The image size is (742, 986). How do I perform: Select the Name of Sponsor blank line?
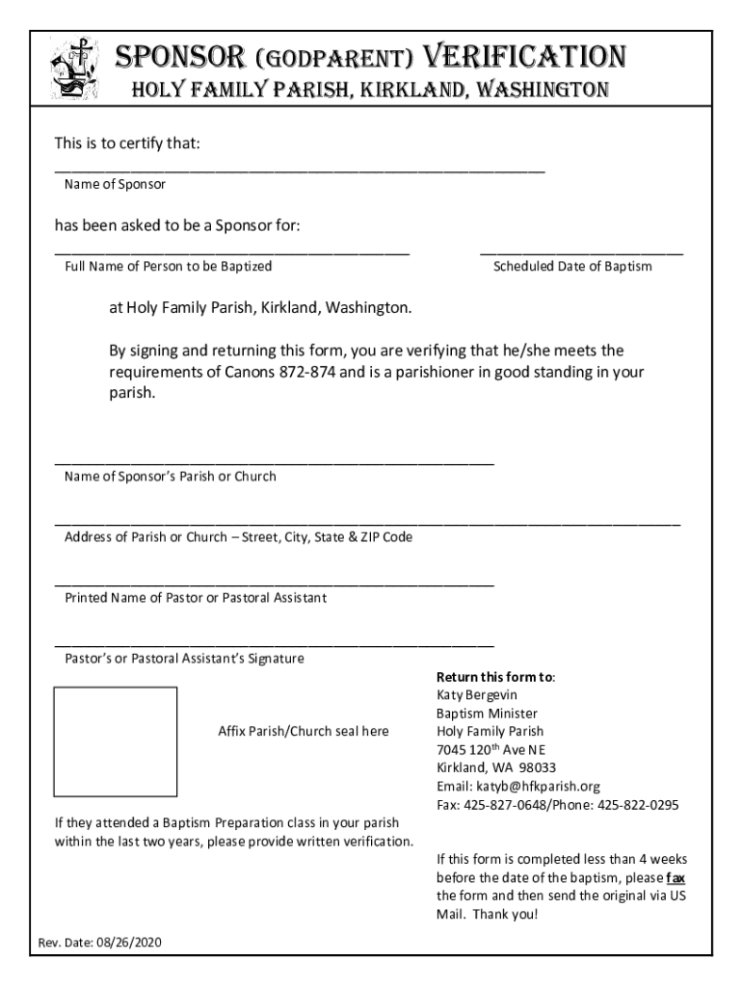point(299,169)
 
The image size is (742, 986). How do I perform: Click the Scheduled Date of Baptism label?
point(572,266)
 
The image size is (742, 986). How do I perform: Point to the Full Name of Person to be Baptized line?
point(231,252)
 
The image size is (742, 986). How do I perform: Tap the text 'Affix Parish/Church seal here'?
point(305,731)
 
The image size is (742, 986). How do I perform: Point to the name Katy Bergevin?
point(477,694)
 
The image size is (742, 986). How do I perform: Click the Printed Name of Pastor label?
point(196,598)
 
